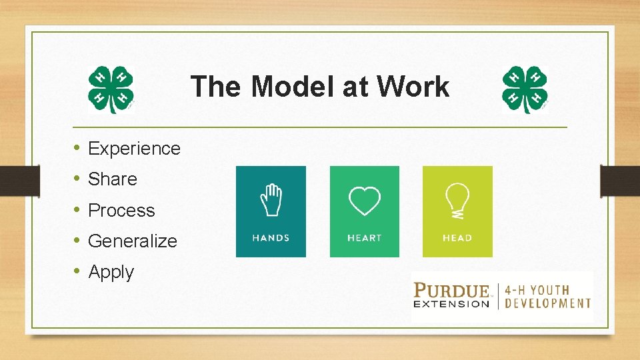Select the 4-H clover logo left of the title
tap(111, 89)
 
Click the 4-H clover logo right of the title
tap(525, 89)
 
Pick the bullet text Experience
tap(134, 148)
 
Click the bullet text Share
tap(112, 179)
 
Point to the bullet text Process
tap(121, 210)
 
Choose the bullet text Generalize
tap(132, 241)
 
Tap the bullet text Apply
tap(111, 272)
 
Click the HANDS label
tap(271, 238)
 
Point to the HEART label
tap(364, 238)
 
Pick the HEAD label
tap(457, 238)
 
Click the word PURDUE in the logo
tap(452, 291)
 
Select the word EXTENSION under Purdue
tap(452, 304)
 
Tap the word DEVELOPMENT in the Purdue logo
tap(548, 303)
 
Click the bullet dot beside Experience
tap(77, 148)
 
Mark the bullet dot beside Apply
tap(77, 271)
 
